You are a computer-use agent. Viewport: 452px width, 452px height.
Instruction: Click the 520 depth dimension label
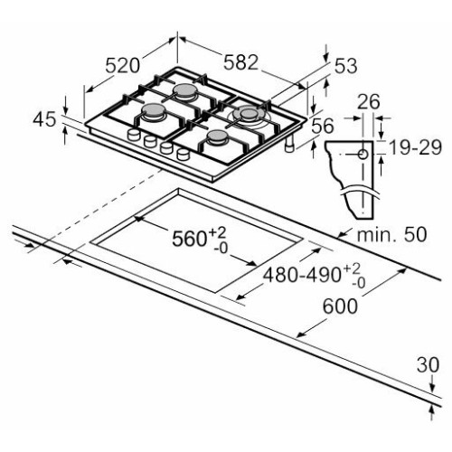pos(123,66)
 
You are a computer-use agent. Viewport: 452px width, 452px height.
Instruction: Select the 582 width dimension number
pos(241,62)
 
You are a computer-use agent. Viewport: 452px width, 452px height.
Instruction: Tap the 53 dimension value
pos(346,66)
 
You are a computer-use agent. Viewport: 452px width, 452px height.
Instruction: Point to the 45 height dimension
pos(44,119)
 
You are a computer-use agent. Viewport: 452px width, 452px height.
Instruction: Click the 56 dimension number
pos(323,126)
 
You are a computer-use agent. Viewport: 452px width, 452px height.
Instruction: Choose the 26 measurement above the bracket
pos(368,102)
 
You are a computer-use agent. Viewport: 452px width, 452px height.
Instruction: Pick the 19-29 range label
pos(416,147)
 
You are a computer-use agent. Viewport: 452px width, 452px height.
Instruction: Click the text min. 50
pos(391,234)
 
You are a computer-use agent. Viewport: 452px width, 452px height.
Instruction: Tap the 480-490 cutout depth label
pos(315,275)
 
